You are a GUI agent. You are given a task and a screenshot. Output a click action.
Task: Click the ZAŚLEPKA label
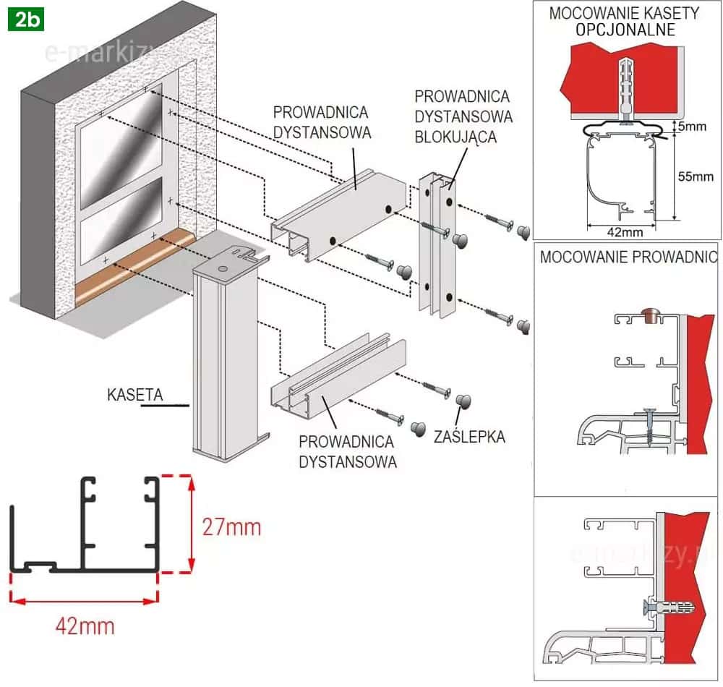469,437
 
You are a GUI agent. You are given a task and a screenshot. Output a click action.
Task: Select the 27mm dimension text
231,527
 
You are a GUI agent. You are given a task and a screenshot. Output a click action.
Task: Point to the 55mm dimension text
696,176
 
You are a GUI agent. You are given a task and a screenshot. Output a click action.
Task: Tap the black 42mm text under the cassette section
622,232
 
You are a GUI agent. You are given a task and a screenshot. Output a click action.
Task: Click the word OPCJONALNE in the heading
625,30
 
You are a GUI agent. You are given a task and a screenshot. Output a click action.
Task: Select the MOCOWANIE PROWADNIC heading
628,257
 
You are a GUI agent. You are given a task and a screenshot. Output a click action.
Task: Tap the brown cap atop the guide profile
648,314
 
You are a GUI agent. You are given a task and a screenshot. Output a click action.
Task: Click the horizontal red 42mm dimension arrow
85,599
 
